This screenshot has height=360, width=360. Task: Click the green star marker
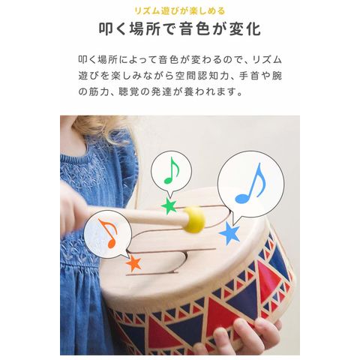pos(169,206)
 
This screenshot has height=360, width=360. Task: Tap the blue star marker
pos(229,233)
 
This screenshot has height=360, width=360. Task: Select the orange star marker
pos(133,263)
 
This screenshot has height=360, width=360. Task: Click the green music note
pos(172,170)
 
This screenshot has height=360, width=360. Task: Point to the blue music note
pos(250,183)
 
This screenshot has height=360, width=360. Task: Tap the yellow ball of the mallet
pos(194,219)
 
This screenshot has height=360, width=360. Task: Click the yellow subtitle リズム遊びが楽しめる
pos(180,11)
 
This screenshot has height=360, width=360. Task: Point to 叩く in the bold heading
pos(113,29)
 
